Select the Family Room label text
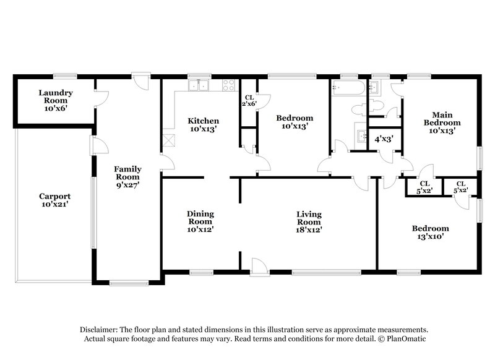(x=128, y=177)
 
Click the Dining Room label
(x=200, y=221)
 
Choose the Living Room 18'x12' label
(x=308, y=221)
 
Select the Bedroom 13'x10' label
(x=431, y=232)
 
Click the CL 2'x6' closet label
(x=249, y=100)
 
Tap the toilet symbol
(x=358, y=109)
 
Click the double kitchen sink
(x=199, y=86)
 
